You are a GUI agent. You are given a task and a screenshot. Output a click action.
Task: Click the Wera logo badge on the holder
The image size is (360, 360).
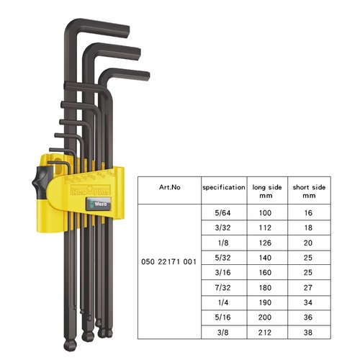click(99, 204)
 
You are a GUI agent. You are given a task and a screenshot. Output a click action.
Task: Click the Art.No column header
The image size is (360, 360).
click(170, 187)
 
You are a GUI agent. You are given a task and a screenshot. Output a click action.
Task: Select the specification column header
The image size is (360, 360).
click(224, 187)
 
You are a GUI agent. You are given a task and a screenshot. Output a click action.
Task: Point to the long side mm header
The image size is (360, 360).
click(267, 192)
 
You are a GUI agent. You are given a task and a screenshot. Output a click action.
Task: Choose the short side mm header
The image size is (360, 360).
click(309, 192)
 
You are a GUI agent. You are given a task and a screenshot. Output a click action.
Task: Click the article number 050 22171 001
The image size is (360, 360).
click(168, 261)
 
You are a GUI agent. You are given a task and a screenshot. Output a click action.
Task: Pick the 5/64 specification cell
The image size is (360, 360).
click(222, 213)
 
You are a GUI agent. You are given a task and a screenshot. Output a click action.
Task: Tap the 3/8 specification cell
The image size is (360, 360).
click(222, 333)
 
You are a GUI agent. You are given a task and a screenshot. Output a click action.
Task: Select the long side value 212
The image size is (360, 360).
click(265, 333)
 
